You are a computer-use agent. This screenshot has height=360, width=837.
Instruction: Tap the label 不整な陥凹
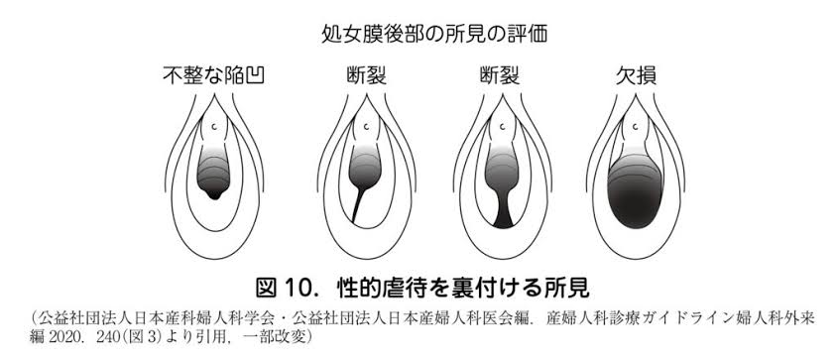point(214,77)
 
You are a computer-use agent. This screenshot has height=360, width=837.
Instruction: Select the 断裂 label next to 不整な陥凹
point(366,77)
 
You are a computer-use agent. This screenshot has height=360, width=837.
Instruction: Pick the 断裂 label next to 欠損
point(500,77)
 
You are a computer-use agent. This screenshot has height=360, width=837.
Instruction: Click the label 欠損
point(636,77)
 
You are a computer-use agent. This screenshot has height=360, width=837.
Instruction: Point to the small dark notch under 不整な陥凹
point(214,194)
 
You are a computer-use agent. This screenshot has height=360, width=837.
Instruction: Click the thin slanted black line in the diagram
point(359,204)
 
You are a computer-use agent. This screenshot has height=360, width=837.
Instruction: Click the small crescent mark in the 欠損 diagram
point(637,127)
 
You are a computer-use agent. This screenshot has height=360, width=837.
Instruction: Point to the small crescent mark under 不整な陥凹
point(214,127)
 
